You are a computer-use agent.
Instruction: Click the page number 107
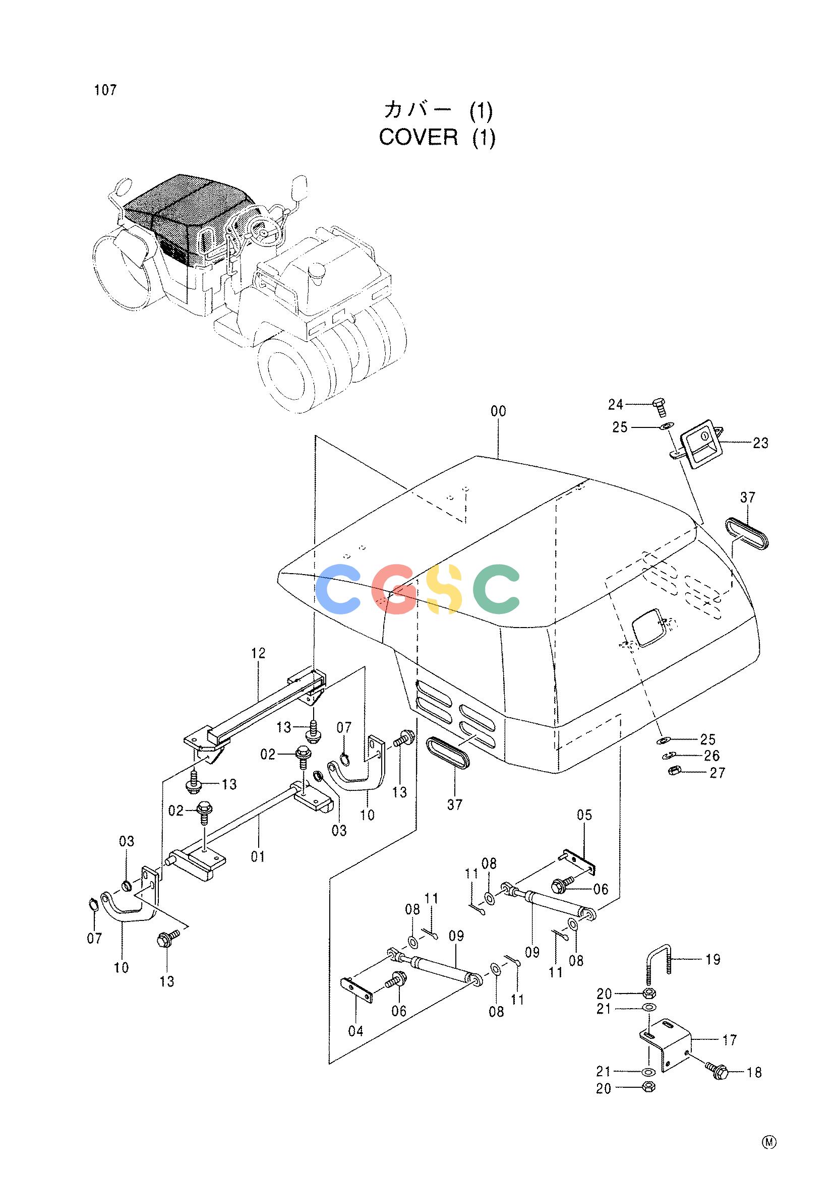pyautogui.click(x=105, y=90)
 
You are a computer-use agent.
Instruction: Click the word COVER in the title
pyautogui.click(x=418, y=138)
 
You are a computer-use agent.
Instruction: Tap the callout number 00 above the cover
pyautogui.click(x=498, y=411)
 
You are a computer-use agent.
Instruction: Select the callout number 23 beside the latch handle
pyautogui.click(x=760, y=443)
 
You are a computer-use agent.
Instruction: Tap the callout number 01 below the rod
pyautogui.click(x=258, y=856)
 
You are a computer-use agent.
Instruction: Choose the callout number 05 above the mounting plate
pyautogui.click(x=584, y=815)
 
